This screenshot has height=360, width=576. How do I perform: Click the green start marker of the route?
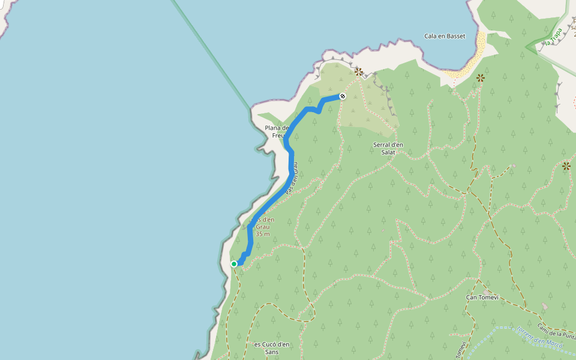click(x=234, y=263)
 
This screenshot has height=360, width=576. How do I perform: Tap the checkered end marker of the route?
click(x=343, y=96)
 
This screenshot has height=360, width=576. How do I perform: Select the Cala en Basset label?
click(x=445, y=36)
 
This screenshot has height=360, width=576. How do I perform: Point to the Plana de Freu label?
click(x=276, y=131)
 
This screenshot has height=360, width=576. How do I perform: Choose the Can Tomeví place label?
click(x=482, y=297)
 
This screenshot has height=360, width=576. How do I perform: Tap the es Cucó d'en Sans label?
click(x=271, y=348)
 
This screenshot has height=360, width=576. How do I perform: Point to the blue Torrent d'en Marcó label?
click(x=537, y=338)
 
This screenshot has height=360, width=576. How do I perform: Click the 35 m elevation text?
click(x=262, y=234)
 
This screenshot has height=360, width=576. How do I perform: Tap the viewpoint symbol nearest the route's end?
click(x=359, y=72)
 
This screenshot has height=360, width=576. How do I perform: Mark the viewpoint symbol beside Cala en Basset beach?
click(x=480, y=77)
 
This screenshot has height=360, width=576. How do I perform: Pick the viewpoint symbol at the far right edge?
click(x=566, y=166)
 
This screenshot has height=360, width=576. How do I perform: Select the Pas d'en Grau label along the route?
click(x=292, y=176)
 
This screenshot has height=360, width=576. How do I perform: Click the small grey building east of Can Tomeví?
click(x=544, y=307)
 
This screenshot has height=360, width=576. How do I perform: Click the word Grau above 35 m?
click(x=262, y=227)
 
